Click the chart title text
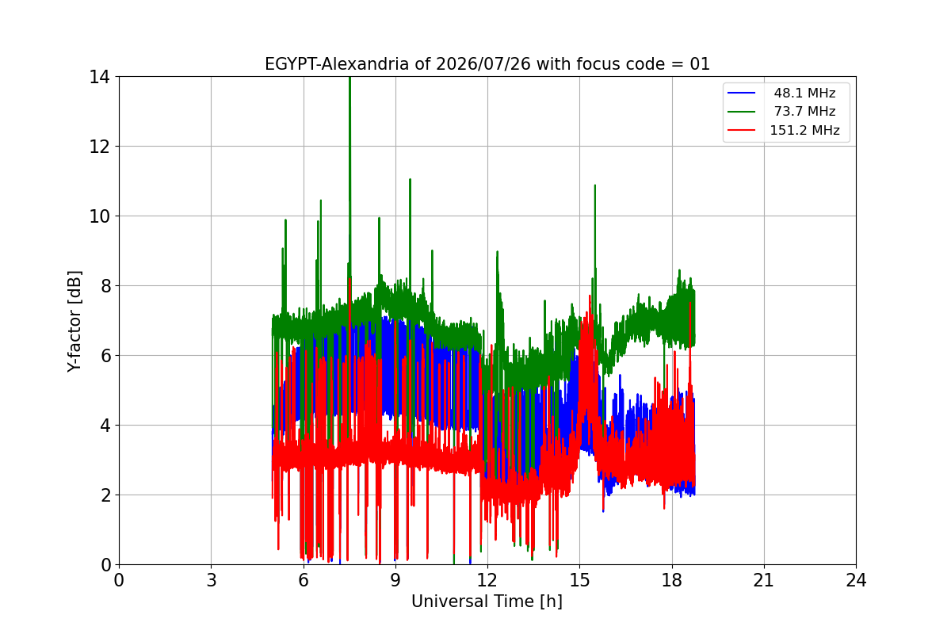[487, 64]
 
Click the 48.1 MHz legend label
[804, 93]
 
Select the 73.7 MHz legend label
[804, 111]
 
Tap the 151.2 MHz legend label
[804, 130]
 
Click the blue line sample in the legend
[741, 93]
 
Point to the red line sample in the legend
[741, 130]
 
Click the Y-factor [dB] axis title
[74, 322]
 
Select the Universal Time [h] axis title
[487, 602]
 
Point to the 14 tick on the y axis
[99, 78]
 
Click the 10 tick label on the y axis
[99, 216]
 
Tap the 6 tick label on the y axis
[105, 356]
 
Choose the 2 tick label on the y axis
[105, 495]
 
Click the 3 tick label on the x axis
[212, 580]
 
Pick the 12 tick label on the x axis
[487, 580]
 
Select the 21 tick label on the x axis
[764, 580]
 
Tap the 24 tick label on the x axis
[856, 580]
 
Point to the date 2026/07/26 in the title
[483, 64]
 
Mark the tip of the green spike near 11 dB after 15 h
[595, 185]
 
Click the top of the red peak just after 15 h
[590, 296]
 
